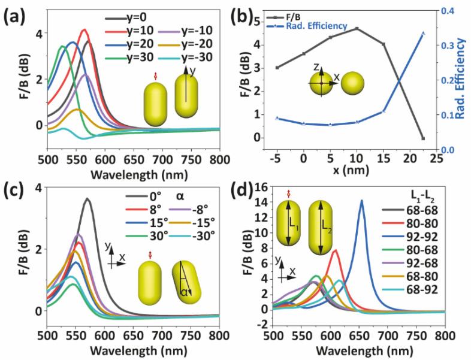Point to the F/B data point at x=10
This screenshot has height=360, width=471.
[x=357, y=28]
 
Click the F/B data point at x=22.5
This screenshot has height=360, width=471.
[x=423, y=138]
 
